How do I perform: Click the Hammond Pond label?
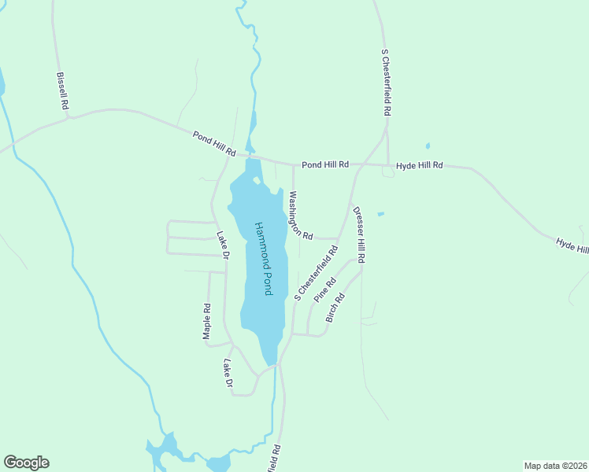pos(263,258)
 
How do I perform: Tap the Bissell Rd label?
pos(63,91)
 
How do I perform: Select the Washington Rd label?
pos(301,216)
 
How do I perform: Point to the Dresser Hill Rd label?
pos(359,234)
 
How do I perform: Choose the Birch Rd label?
pos(335,307)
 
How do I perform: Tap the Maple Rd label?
pos(206,322)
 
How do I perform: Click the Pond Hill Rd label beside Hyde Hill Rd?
pos(325,164)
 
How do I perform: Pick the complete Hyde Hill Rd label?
pos(420,166)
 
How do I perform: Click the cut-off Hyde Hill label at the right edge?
pos(572,245)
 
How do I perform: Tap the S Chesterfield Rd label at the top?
pos(386,83)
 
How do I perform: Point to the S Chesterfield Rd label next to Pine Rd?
pos(315,272)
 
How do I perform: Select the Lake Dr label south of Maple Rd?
pos(228,374)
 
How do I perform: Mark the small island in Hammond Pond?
pos(257,180)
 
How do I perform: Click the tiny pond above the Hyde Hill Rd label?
pos(428,146)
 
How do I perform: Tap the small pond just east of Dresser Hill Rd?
pos(380,213)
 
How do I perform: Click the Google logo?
pos(26,463)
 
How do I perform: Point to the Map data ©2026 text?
pos(554,465)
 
